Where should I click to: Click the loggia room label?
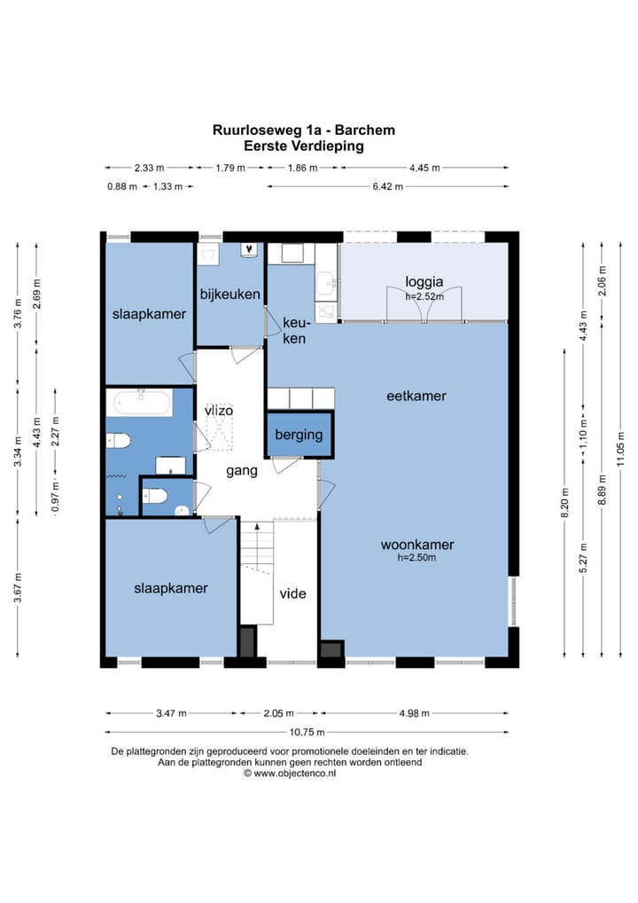click(x=424, y=281)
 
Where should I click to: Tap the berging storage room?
click(x=300, y=435)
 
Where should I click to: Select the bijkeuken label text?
click(x=230, y=294)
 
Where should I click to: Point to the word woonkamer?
click(x=417, y=545)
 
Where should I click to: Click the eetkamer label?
click(x=416, y=396)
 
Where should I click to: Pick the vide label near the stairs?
click(x=292, y=593)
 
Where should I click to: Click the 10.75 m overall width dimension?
click(x=307, y=733)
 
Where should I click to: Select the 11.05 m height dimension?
click(x=620, y=449)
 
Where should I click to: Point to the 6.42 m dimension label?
click(x=388, y=186)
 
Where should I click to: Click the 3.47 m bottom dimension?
click(x=171, y=713)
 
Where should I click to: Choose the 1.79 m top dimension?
click(x=230, y=169)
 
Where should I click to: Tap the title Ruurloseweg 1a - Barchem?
click(x=304, y=130)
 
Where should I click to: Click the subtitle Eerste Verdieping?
click(x=304, y=145)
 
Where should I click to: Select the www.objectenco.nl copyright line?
click(x=290, y=774)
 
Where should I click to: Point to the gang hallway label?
click(x=242, y=472)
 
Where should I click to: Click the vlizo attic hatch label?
click(x=219, y=411)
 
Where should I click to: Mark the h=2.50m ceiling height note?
click(x=416, y=557)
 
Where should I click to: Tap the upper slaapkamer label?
click(x=149, y=314)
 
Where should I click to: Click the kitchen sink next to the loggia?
click(x=327, y=283)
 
